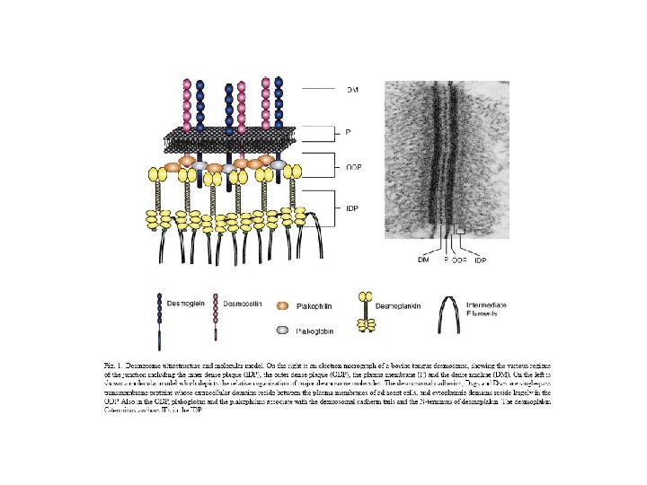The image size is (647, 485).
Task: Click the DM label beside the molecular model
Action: coord(353,90)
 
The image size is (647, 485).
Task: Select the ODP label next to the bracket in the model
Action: coord(356,167)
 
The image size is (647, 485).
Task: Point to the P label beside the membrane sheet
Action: coord(349,133)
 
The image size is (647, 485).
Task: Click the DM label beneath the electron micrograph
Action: coord(423,260)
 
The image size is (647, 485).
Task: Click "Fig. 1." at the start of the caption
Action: coord(114,366)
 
